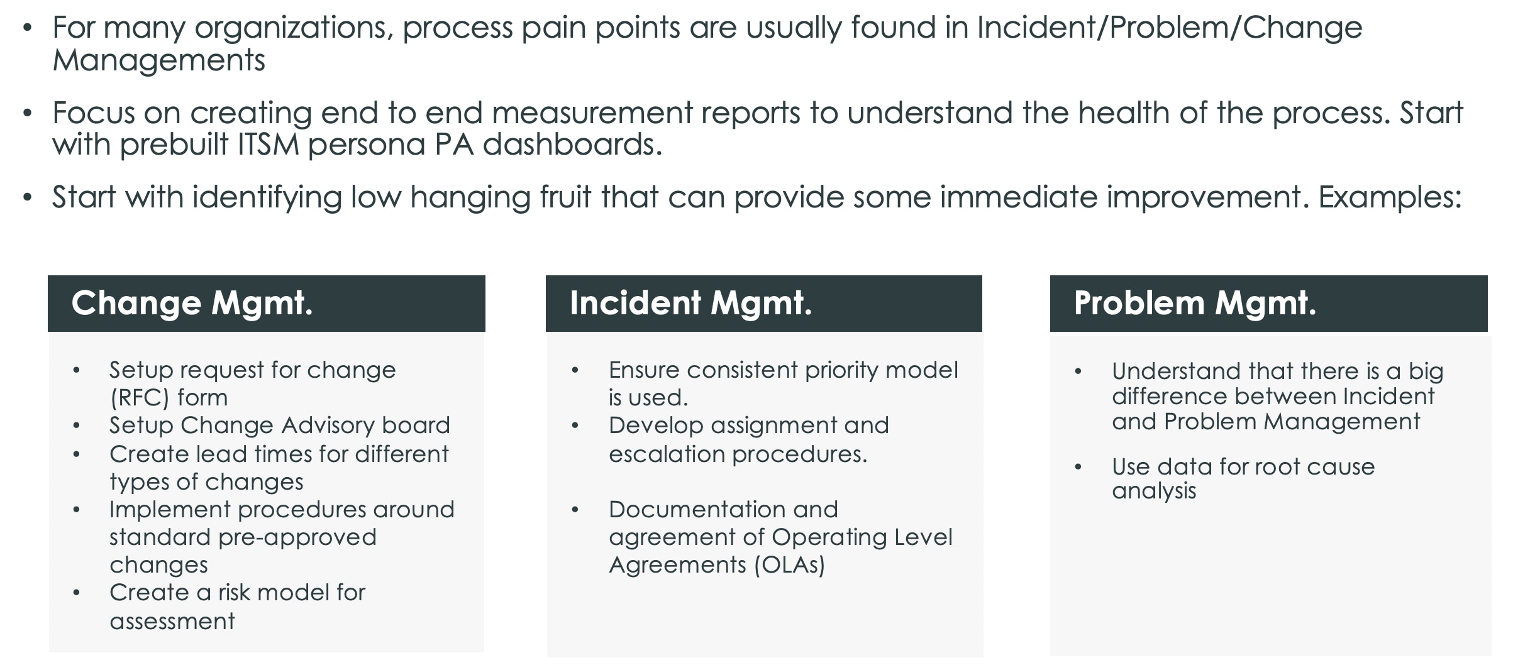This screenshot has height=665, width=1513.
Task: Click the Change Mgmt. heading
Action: (x=192, y=304)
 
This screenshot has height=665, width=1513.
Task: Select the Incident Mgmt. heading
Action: (x=690, y=304)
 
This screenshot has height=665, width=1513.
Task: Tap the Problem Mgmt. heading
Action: (x=1195, y=304)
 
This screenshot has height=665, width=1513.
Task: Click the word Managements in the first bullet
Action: (x=158, y=61)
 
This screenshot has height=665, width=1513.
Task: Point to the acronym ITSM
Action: (x=269, y=145)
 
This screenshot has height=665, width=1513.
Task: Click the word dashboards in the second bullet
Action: (x=572, y=145)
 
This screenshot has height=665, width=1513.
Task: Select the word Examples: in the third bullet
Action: (x=1390, y=198)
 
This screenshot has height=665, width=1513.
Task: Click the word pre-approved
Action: (x=297, y=537)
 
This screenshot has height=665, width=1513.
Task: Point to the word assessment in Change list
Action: (x=172, y=622)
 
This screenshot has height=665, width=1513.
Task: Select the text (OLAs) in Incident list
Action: (x=789, y=565)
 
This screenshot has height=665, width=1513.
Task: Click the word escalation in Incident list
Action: (x=667, y=454)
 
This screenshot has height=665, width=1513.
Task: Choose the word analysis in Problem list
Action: (x=1153, y=491)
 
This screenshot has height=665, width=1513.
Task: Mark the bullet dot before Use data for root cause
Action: (x=1078, y=467)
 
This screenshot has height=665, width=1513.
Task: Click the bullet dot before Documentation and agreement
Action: (x=574, y=510)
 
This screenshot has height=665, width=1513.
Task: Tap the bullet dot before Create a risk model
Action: (x=76, y=593)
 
